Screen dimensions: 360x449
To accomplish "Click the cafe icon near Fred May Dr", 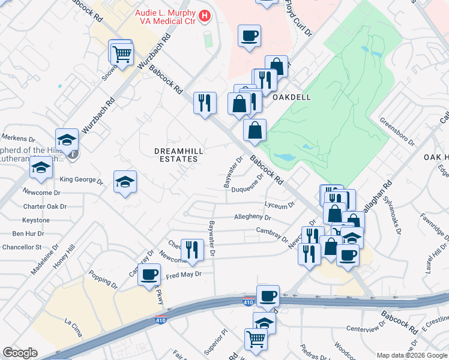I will (x=149, y=275).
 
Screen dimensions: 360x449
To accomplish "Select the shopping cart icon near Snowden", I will (x=122, y=54).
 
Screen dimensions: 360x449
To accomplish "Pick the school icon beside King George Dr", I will (x=125, y=181).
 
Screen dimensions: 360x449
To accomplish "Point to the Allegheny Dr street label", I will (x=253, y=218).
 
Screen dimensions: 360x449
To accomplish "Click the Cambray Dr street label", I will (x=272, y=233).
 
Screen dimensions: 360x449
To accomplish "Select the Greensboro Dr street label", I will (x=397, y=131).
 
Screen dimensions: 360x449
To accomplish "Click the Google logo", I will (x=20, y=353).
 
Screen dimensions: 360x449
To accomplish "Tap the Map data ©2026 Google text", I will (x=412, y=355).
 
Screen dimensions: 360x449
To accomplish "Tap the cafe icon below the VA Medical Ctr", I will (x=249, y=37).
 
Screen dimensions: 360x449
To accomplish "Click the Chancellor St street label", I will (x=21, y=247).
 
